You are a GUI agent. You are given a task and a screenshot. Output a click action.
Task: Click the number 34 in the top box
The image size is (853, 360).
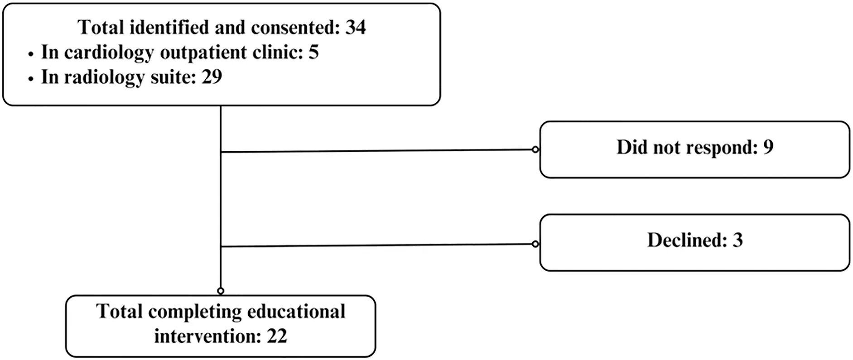point(355,28)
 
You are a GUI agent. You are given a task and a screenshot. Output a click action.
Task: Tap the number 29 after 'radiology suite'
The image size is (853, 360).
point(212,77)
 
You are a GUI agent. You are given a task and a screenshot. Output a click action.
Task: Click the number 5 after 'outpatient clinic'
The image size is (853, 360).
point(313,52)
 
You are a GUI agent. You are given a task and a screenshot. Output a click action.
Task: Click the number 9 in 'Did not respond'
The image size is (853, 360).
point(768,147)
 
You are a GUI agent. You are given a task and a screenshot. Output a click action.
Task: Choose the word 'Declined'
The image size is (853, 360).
point(686,240)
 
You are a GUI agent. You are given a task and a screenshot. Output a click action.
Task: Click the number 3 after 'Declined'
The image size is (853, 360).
point(737,240)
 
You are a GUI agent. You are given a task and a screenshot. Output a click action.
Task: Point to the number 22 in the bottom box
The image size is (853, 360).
point(277,336)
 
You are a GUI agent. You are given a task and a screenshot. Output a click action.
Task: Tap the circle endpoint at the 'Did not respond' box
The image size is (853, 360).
point(535,149)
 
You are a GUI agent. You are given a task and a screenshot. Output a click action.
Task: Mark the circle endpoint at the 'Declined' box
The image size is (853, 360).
point(535,244)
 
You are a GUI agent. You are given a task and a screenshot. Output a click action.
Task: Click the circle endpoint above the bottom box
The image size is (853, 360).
point(221,291)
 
